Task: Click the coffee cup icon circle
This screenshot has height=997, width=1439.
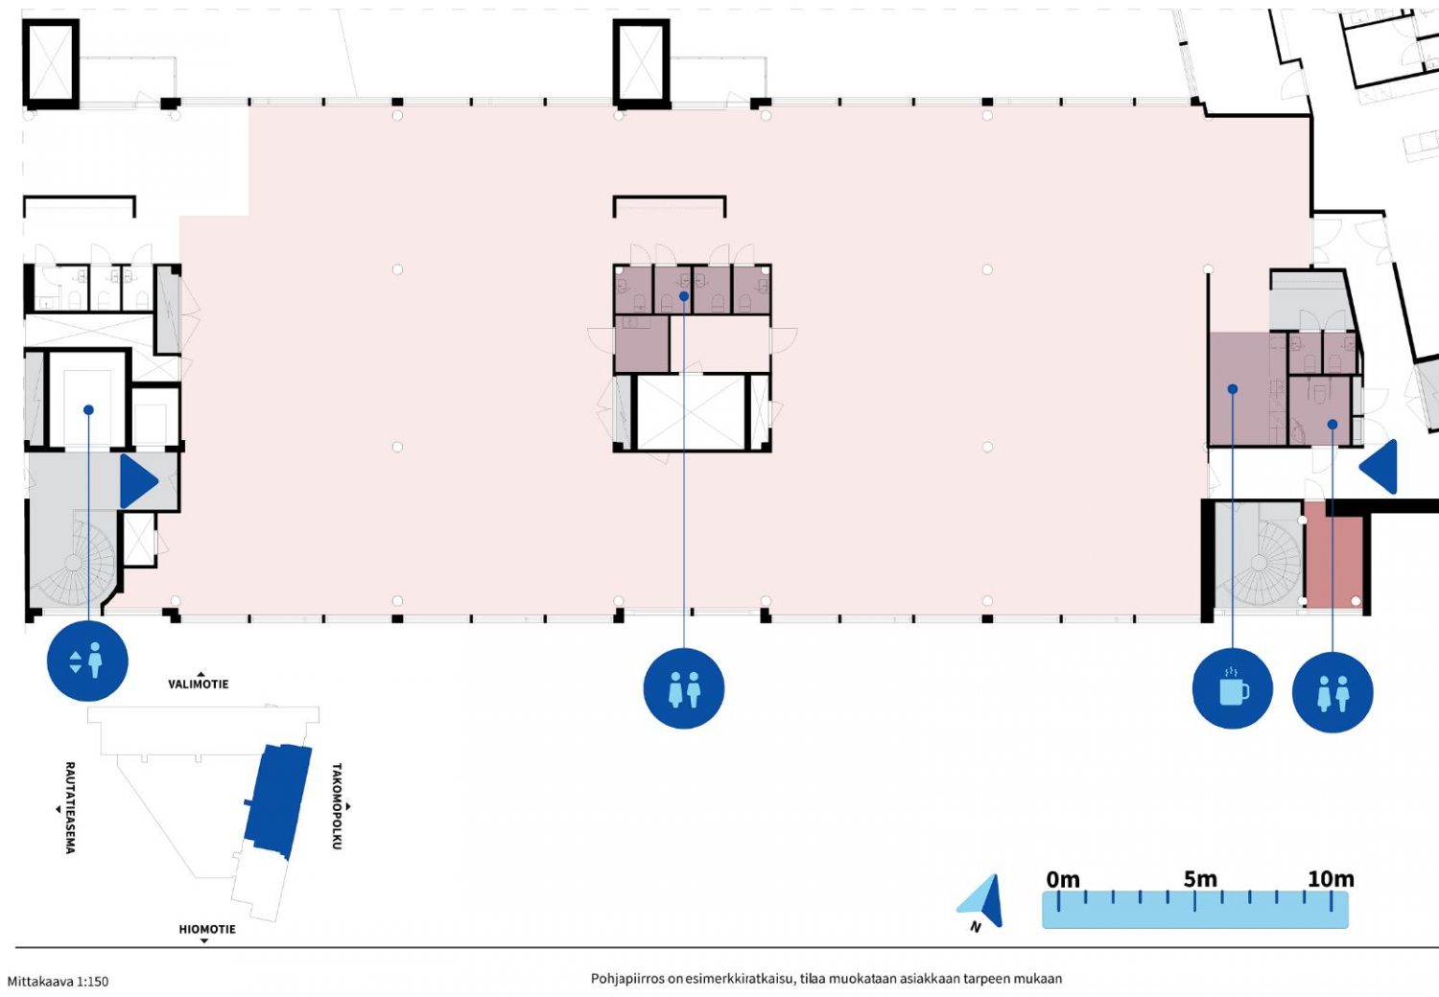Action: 1232,688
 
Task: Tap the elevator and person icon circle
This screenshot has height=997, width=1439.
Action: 87,661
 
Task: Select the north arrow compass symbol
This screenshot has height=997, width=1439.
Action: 981,901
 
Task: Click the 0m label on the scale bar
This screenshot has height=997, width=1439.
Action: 1063,879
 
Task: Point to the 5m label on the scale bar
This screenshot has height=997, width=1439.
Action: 1200,879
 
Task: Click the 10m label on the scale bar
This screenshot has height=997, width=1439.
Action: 1332,879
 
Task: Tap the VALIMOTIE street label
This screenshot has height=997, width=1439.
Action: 199,684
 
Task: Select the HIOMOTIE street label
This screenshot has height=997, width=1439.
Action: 207,929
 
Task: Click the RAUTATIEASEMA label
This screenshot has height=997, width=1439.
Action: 70,807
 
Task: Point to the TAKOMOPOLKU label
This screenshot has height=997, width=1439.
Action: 337,806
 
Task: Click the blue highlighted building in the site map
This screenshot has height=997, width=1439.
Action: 277,801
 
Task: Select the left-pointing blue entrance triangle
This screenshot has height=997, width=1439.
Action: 1379,467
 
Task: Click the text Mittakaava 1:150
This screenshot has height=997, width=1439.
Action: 58,982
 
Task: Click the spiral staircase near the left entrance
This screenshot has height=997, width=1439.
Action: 74,563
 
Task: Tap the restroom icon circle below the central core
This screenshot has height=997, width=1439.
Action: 683,688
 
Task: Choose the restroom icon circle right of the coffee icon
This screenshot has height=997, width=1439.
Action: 1333,692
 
